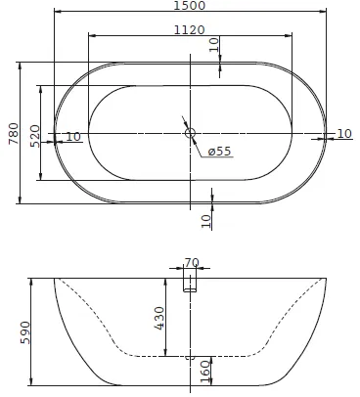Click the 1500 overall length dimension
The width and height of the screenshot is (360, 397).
click(x=190, y=6)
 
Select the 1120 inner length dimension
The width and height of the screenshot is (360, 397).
click(x=190, y=30)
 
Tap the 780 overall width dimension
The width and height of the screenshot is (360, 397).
click(x=14, y=133)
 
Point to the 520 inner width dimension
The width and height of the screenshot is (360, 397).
click(x=35, y=136)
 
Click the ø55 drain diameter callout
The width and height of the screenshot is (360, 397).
click(x=219, y=151)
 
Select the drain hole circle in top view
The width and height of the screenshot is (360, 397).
click(x=190, y=133)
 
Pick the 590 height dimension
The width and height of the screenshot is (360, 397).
click(x=25, y=332)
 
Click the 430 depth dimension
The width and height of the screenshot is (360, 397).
click(x=159, y=318)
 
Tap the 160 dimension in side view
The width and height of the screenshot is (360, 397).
click(x=205, y=372)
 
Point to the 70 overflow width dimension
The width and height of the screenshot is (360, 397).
click(x=192, y=262)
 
